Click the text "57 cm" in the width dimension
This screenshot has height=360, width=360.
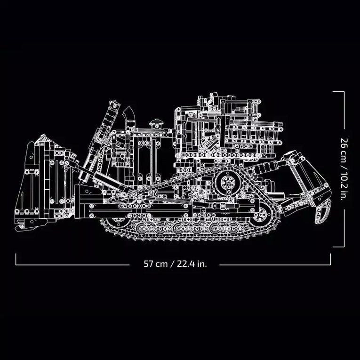pos(156,264)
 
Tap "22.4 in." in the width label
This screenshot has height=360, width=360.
pos(191,264)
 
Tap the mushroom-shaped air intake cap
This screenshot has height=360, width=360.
pos(156,123)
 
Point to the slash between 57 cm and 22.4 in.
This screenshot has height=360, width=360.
pos(173,264)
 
